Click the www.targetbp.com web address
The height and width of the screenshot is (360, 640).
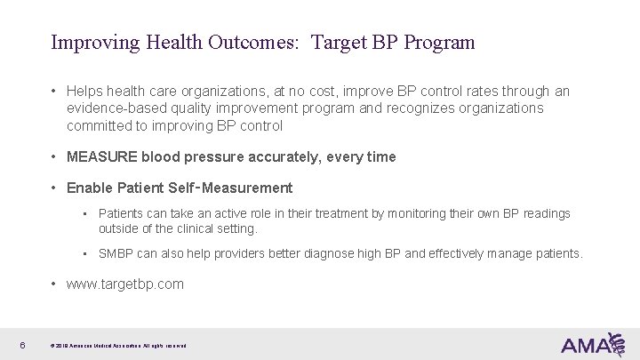click(x=124, y=284)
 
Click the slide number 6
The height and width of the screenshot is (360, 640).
click(x=20, y=344)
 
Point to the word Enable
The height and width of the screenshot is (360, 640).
click(x=87, y=188)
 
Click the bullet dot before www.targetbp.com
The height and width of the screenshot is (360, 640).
click(x=55, y=284)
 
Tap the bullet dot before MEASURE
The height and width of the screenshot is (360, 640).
click(x=55, y=157)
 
